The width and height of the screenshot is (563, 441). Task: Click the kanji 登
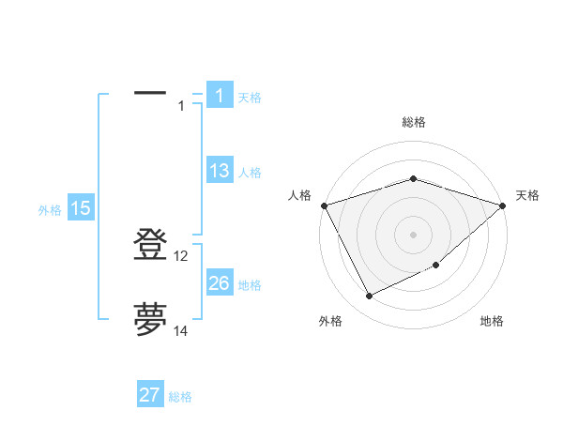[x=150, y=245]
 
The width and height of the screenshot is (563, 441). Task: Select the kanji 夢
[x=150, y=319]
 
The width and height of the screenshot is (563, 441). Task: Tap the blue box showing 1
[x=219, y=96]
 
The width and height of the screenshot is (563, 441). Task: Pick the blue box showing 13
[x=219, y=171]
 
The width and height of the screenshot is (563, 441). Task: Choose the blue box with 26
[x=219, y=283]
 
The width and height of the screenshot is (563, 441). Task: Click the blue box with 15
[x=81, y=208]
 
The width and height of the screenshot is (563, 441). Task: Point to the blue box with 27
[x=150, y=395]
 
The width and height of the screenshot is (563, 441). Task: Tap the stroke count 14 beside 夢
[x=181, y=330]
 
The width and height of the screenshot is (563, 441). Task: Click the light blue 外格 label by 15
[x=50, y=210]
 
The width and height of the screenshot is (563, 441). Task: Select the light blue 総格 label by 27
[x=180, y=397]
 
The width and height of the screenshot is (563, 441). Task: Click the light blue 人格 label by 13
[x=250, y=173]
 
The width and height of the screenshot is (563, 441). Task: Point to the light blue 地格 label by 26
[x=250, y=285]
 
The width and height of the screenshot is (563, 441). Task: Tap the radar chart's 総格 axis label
[x=413, y=122]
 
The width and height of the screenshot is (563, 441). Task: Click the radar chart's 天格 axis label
[x=528, y=195]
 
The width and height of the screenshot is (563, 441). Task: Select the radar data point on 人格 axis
[x=324, y=205]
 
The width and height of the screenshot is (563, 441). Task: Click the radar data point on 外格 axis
[x=369, y=297]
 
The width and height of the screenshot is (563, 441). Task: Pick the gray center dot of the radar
[x=413, y=234]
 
